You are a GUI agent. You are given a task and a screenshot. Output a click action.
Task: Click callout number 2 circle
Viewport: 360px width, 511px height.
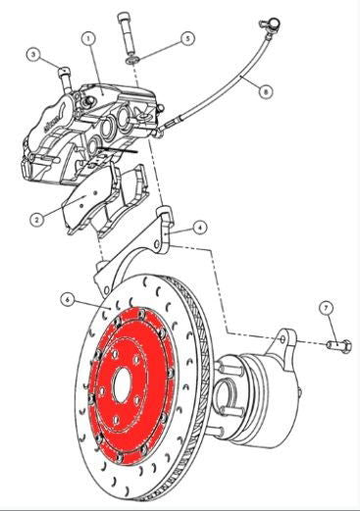[x=35, y=220]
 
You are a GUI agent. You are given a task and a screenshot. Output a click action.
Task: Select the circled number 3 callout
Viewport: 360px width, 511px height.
[x=32, y=55]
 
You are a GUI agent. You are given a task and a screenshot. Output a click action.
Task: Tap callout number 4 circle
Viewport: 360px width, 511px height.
[x=200, y=228]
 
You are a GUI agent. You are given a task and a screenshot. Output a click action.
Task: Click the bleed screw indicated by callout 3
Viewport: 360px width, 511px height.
[x=65, y=73]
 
